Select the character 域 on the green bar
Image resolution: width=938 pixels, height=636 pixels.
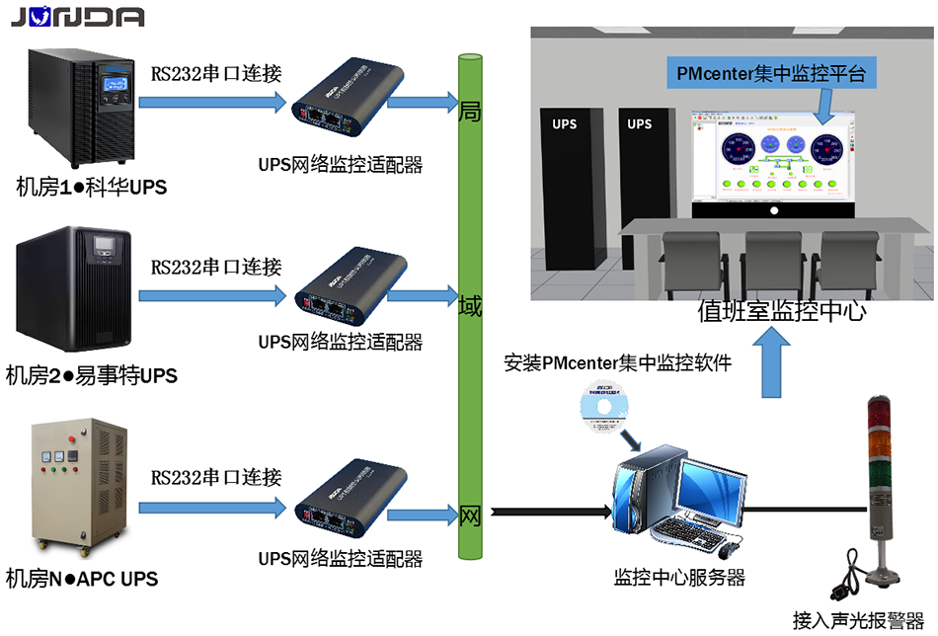[x=471, y=306]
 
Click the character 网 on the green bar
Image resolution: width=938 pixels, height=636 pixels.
[x=471, y=515]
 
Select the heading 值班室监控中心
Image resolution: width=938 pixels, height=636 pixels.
[x=782, y=312]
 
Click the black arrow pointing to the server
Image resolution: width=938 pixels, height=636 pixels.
[x=553, y=511]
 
